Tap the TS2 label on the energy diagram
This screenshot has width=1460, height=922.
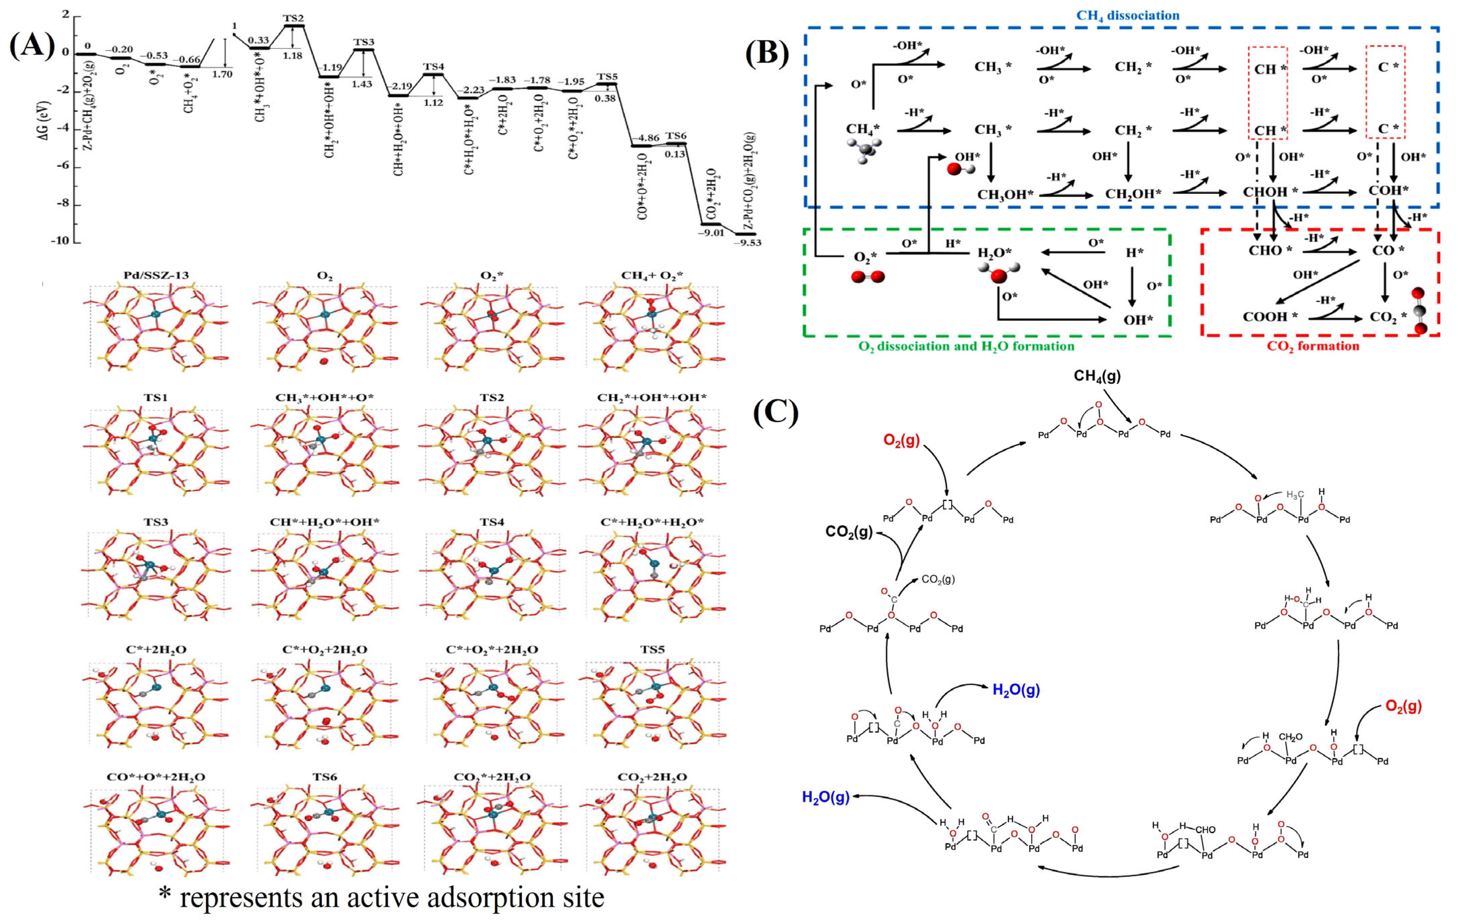click(294, 18)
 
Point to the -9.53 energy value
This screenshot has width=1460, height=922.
click(748, 242)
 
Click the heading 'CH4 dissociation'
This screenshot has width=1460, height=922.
click(1128, 15)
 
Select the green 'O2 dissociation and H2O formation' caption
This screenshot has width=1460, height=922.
click(966, 346)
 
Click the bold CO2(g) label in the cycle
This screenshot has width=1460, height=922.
click(849, 532)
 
